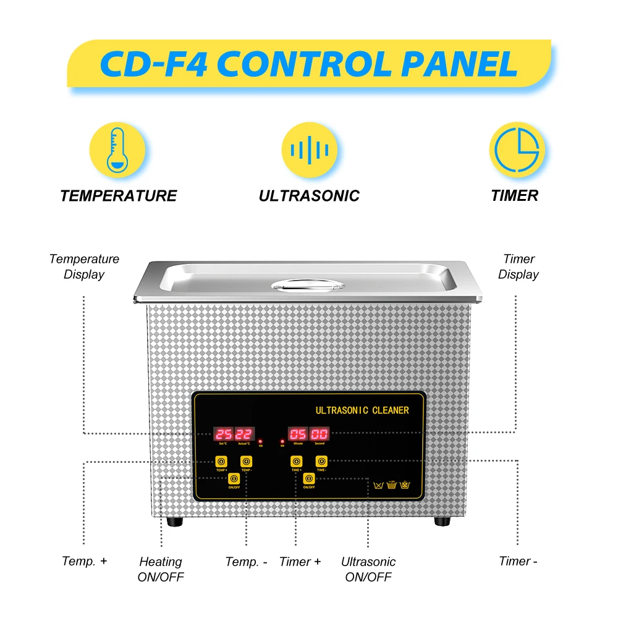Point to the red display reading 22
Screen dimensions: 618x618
click(x=243, y=434)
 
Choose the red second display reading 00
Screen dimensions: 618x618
click(x=320, y=434)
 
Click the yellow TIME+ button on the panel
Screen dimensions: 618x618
click(x=296, y=462)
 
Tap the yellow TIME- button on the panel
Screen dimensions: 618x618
click(x=321, y=462)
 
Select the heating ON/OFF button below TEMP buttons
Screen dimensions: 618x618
click(x=234, y=478)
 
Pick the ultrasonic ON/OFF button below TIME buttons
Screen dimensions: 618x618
click(x=308, y=478)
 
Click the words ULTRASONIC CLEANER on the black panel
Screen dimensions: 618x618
click(x=362, y=410)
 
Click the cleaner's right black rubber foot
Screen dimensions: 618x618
click(x=442, y=521)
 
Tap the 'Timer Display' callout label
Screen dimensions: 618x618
click(x=519, y=267)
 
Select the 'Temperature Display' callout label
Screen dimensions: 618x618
click(x=84, y=267)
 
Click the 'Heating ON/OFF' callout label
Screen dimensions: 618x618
click(x=161, y=569)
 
